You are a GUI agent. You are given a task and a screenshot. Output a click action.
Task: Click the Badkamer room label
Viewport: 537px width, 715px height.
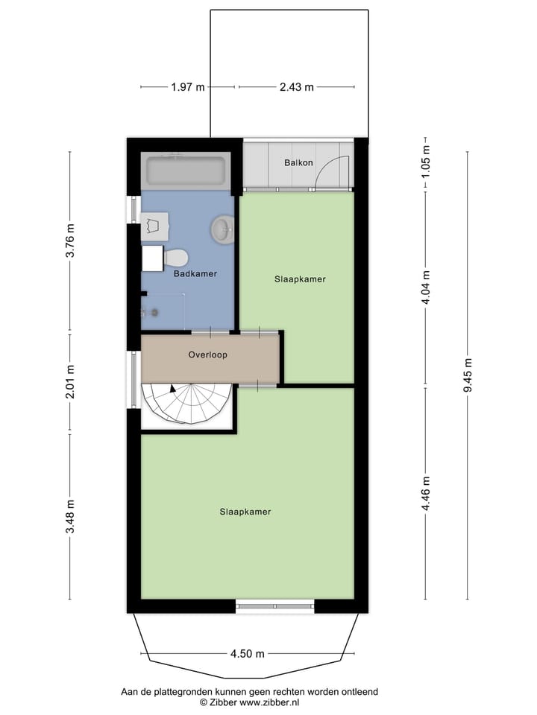[195, 274]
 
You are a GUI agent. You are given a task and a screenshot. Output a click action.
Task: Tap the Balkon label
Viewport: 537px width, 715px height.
[298, 163]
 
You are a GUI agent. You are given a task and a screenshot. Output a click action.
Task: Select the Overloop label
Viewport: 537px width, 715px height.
[207, 355]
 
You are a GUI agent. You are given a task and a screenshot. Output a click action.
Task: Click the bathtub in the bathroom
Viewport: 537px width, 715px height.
[185, 172]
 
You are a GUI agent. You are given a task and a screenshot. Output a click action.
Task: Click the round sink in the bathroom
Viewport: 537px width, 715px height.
[222, 229]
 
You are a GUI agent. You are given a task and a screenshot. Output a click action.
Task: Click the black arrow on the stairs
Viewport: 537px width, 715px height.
[173, 388]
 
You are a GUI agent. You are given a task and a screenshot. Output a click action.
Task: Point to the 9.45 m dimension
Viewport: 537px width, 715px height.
[468, 375]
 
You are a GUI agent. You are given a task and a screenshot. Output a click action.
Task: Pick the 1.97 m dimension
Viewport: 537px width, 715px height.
[187, 87]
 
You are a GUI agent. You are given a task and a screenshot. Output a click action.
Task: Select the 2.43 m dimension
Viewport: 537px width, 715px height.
[296, 87]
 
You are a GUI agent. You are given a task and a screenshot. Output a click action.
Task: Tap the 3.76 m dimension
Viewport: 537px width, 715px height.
[71, 241]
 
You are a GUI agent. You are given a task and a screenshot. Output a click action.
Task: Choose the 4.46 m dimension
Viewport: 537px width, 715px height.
[426, 493]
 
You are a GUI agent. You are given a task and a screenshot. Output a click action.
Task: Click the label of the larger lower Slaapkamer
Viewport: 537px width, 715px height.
[245, 512]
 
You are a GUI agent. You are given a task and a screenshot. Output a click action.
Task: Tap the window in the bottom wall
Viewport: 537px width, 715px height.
[274, 606]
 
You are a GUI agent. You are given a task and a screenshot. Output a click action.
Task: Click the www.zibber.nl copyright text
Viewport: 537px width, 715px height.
[249, 702]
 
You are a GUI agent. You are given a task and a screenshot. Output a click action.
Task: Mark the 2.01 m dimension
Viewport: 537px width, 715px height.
[71, 382]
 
